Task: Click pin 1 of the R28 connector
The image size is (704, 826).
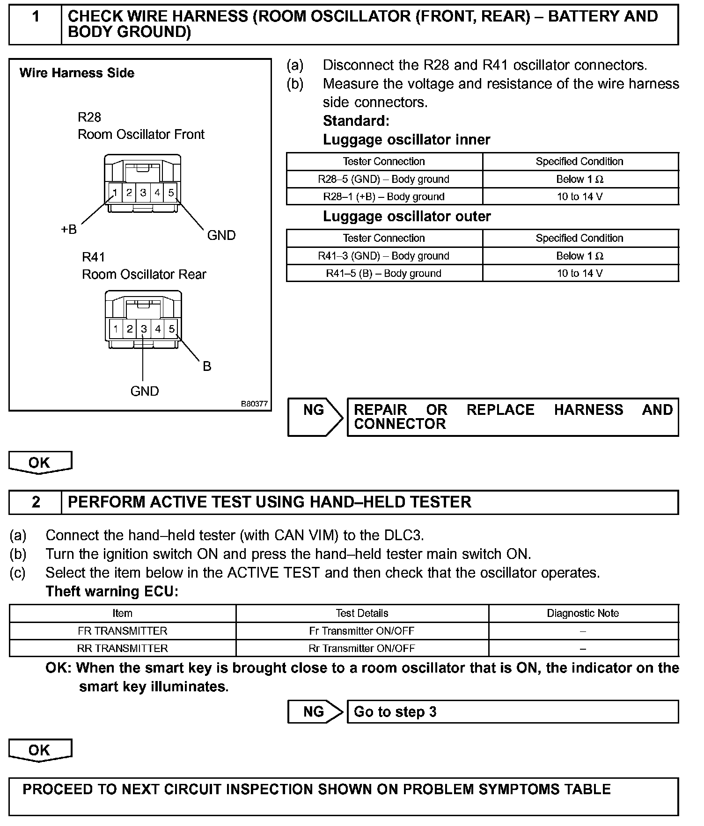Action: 115,192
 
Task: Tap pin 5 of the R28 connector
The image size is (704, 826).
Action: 171,192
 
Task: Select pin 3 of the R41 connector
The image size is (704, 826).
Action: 144,329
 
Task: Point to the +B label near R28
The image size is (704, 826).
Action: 69,230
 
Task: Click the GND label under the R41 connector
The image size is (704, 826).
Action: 145,391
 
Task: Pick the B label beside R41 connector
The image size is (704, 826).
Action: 207,366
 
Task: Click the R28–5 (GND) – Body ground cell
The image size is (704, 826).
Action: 384,179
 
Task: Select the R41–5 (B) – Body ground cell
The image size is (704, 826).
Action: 384,273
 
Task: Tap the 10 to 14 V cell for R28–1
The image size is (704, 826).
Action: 579,196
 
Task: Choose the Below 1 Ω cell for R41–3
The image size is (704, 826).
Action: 579,256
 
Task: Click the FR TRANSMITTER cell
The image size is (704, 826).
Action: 122,631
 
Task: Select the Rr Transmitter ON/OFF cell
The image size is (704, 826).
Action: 361,648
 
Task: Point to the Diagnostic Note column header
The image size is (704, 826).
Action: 583,613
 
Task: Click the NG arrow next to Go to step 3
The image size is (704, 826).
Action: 315,711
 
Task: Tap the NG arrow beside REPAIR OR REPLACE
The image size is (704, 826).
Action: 315,416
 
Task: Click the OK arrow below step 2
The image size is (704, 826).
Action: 40,750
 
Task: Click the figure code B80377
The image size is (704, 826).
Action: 254,404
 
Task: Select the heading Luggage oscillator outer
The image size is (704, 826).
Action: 406,217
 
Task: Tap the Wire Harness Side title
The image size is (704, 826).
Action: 77,73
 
